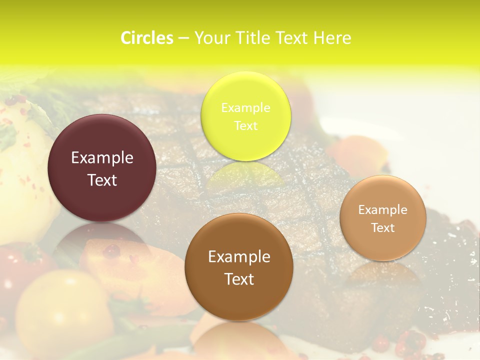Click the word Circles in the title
point(146,38)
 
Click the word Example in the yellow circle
point(245,107)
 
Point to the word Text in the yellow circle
point(245,125)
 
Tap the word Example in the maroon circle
point(102,158)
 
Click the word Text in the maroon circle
point(102,180)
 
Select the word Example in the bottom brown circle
point(239,257)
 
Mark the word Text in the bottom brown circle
point(239,279)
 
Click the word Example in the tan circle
point(382,210)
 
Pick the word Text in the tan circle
point(382,228)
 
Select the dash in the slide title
point(183,38)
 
